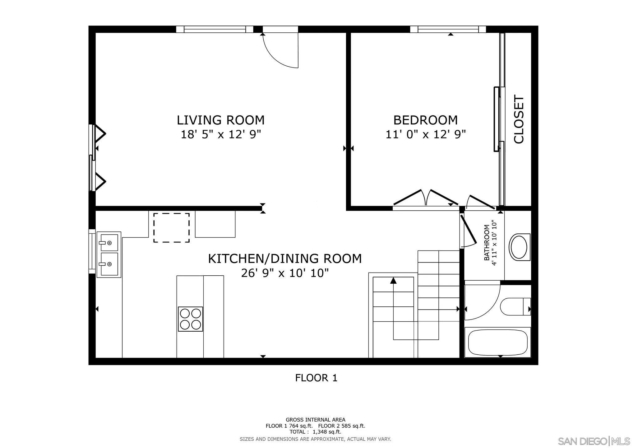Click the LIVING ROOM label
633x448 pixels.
point(220,120)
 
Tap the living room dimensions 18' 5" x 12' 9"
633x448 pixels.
point(220,134)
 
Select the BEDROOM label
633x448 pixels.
point(425,120)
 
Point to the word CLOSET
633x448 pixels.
point(519,119)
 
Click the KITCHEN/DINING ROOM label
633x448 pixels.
point(285,259)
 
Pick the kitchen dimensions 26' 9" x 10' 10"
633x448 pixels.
point(285,273)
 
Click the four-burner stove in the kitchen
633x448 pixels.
point(190,319)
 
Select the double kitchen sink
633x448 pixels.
point(109,254)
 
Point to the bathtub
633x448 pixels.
point(497,342)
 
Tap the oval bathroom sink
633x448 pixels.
point(519,247)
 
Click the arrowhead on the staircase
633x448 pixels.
point(394,280)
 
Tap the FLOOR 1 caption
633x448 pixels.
point(316,378)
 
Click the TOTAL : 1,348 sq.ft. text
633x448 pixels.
point(315,432)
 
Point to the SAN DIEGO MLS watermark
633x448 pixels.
point(594,441)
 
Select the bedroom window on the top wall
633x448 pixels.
point(448,29)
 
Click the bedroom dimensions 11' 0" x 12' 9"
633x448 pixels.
point(425,134)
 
